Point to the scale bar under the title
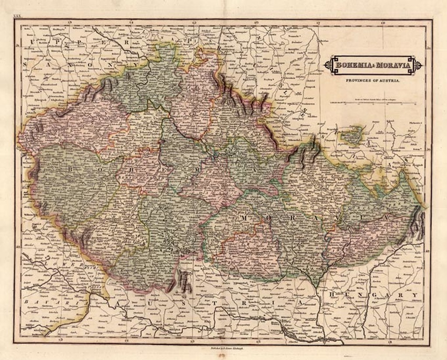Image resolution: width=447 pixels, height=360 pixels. (373, 103)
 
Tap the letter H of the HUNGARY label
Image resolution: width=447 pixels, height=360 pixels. (332, 295)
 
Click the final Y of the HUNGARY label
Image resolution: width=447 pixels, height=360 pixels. (414, 295)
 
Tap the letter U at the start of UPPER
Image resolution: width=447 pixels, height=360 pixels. (32, 42)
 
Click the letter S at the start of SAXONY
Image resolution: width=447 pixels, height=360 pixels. (25, 64)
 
